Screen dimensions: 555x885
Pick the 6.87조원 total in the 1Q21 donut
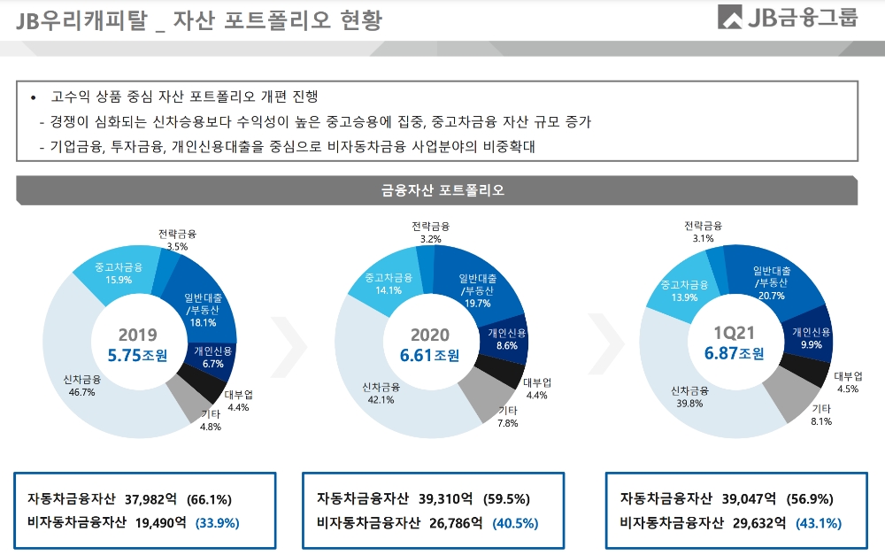tap(734, 353)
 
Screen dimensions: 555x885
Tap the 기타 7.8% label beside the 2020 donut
tap(508, 417)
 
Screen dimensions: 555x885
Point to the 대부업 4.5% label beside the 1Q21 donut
tap(848, 382)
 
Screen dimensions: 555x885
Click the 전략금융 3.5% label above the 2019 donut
tap(177, 240)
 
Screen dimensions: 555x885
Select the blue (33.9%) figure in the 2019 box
tap(217, 522)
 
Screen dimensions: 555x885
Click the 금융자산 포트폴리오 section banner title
tap(442, 190)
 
